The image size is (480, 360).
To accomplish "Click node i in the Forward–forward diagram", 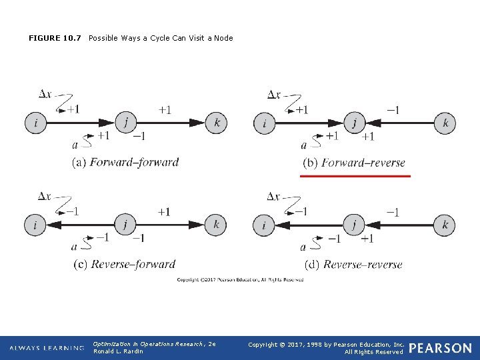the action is (x=35, y=123).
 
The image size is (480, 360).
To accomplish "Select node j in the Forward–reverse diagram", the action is (x=355, y=123).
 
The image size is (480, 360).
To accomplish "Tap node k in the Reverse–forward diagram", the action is (x=216, y=225).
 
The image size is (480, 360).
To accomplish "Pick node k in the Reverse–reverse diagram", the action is (x=445, y=225).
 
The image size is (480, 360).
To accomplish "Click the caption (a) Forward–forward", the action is (x=125, y=162).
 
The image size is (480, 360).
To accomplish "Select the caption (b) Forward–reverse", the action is (x=354, y=163).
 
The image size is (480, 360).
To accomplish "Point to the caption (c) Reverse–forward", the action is (x=124, y=264).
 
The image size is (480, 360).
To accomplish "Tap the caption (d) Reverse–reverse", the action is (x=353, y=265).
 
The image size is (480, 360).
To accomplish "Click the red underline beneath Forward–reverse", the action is (x=355, y=176).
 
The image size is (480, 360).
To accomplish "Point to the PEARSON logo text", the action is (x=441, y=348).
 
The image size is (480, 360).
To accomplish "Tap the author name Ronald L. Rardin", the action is (x=118, y=351).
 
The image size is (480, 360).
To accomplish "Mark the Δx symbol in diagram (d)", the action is (x=273, y=197).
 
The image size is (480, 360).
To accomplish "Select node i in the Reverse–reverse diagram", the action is (x=264, y=225).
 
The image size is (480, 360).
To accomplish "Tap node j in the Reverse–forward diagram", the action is (x=125, y=225).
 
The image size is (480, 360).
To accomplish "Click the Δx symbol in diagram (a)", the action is (x=45, y=95).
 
